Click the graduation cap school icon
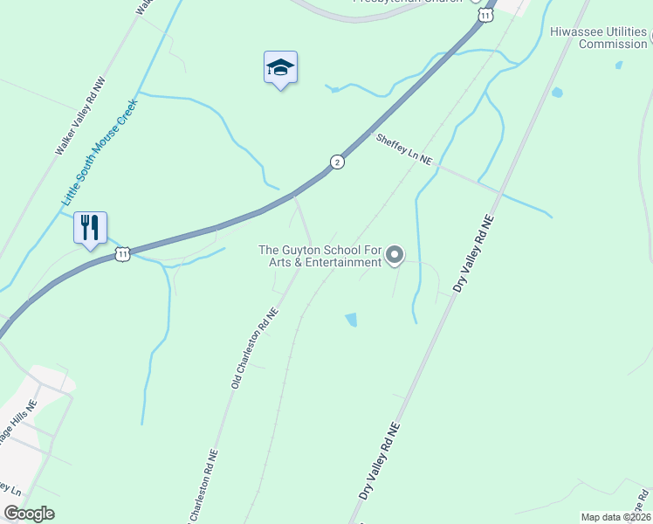pos(280,67)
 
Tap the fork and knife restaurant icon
pos(90,228)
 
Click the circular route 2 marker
pos(337,162)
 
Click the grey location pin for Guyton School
pos(395,255)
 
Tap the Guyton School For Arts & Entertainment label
pos(320,256)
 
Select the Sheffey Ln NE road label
pos(404,149)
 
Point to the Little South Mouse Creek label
pos(99,154)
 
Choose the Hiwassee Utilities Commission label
pos(598,38)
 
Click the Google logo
pos(29,513)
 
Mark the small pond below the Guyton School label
pos(351,320)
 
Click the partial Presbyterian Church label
pos(407,2)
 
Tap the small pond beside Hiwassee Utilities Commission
pos(618,65)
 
